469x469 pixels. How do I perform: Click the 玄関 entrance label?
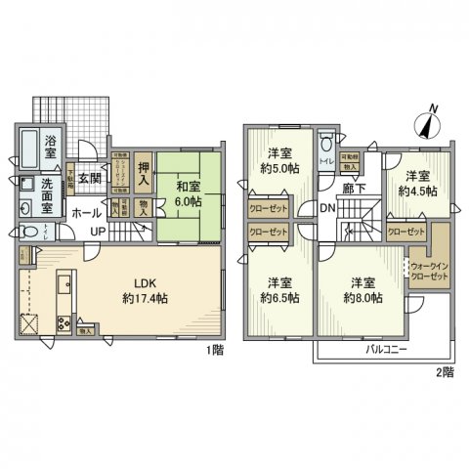(x=90, y=178)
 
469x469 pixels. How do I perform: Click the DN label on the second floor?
(x=328, y=207)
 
